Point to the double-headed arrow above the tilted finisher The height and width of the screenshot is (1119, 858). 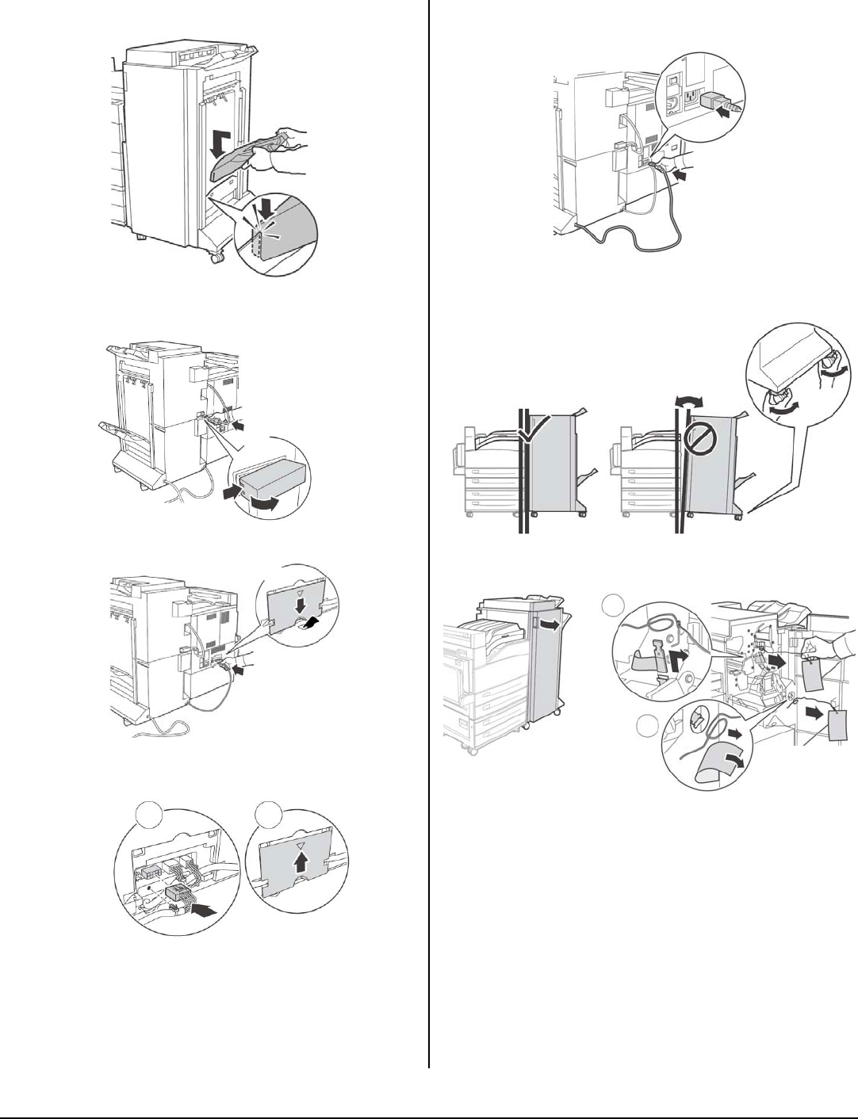[683, 403]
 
